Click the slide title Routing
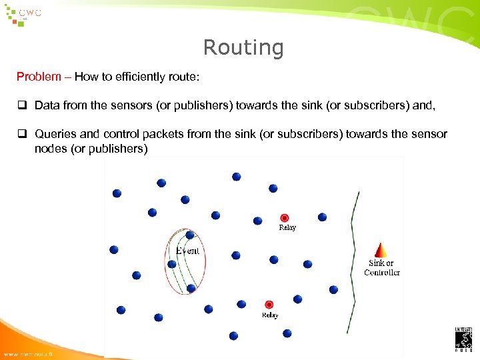click(x=243, y=48)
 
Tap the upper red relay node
click(x=284, y=217)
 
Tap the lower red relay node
click(x=269, y=305)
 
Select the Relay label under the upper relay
click(x=287, y=227)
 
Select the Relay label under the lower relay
click(x=270, y=315)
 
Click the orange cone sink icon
click(x=381, y=250)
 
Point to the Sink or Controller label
click(x=381, y=267)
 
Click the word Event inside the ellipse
click(x=187, y=251)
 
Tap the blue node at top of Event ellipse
click(x=190, y=235)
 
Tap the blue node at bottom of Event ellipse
click(x=191, y=288)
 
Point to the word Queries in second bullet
click(x=55, y=134)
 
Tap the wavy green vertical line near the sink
click(x=354, y=260)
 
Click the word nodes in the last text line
click(x=49, y=148)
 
